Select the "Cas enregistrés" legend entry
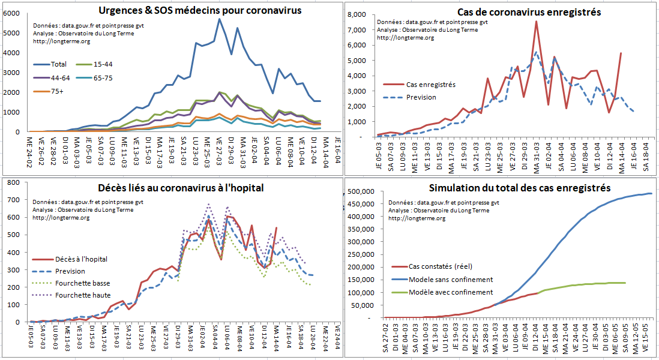430,85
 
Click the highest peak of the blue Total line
220,19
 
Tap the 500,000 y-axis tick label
362,191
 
